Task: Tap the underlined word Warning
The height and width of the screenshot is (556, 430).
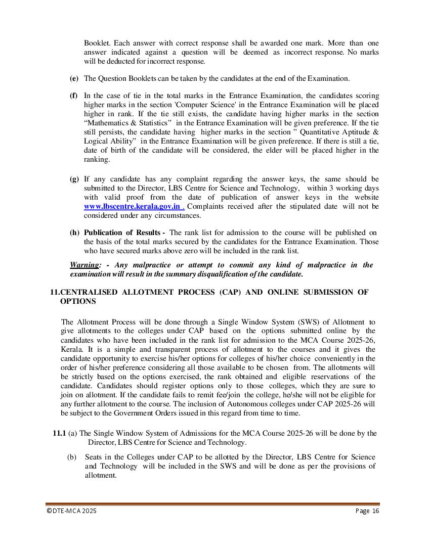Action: pos(84,265)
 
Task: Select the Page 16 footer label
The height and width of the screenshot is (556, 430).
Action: pos(367,511)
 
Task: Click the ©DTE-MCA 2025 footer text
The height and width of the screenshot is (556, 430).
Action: pos(71,511)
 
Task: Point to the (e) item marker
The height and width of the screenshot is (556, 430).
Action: pos(74,78)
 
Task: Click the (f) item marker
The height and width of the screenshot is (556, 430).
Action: pos(74,96)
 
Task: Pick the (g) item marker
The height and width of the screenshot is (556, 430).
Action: pos(74,179)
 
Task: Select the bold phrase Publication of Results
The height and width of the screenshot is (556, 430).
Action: pos(122,233)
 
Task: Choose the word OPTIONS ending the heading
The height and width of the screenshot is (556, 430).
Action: pos(78,301)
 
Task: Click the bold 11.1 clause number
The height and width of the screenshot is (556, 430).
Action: pos(59,433)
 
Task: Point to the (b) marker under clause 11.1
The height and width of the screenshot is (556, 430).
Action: pos(72,457)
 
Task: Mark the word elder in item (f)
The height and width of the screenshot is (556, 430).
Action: pos(282,150)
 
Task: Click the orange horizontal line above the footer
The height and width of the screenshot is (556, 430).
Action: pos(212,504)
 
